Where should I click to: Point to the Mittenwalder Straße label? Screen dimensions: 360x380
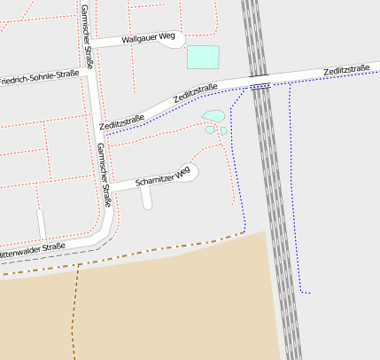(x=34, y=249)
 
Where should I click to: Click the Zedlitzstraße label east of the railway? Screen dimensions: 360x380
(x=346, y=70)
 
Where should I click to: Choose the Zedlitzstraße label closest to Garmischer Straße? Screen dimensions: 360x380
(x=122, y=123)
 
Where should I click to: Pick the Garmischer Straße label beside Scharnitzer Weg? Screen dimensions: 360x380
(x=105, y=175)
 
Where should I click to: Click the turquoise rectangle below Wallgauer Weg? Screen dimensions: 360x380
(x=203, y=57)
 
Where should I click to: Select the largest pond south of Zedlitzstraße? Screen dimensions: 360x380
(x=213, y=115)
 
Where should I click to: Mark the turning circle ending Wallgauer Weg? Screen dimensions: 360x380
(x=176, y=39)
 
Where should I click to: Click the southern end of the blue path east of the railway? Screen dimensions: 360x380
(x=308, y=292)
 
